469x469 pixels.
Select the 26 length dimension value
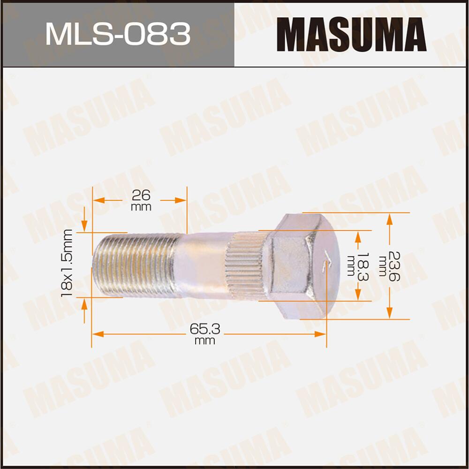pos(141,195)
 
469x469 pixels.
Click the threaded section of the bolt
pos(136,265)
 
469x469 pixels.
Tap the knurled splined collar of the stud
pos(244,265)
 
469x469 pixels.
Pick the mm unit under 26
pos(141,207)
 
